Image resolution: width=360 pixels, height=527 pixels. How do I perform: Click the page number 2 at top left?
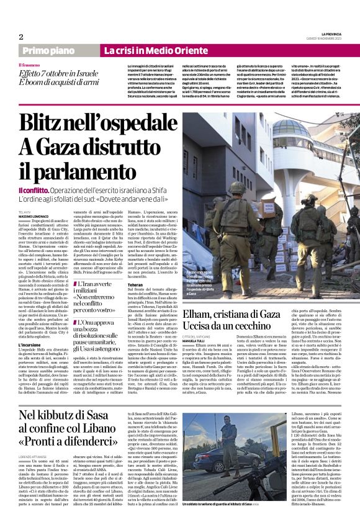pyautogui.click(x=20, y=36)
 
